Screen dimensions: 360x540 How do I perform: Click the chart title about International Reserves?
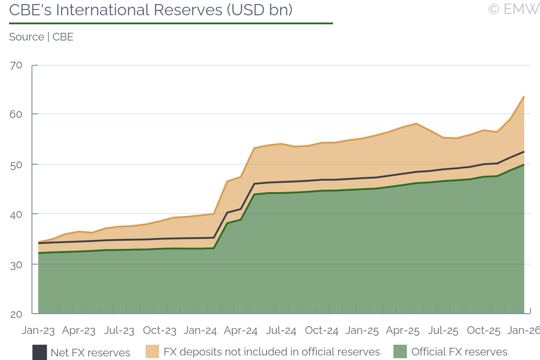(x=151, y=10)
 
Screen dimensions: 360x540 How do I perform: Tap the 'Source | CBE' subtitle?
(x=41, y=37)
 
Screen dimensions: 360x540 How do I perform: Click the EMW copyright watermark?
(x=513, y=9)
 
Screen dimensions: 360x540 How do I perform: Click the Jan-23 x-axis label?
(x=38, y=331)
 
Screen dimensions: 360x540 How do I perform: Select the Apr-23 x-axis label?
(x=79, y=331)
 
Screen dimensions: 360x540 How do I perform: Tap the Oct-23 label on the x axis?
(x=160, y=331)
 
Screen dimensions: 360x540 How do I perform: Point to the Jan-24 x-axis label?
(x=200, y=331)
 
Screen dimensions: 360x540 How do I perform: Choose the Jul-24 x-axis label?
(x=281, y=331)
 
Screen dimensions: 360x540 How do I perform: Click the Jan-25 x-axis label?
(x=362, y=331)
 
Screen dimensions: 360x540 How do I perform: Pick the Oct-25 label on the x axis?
(x=484, y=331)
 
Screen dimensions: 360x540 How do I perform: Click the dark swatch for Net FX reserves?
(x=40, y=352)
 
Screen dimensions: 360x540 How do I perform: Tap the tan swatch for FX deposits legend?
(x=153, y=352)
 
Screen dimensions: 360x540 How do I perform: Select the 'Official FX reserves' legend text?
(x=459, y=352)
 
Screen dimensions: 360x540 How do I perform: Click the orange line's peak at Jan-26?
(x=524, y=96)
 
